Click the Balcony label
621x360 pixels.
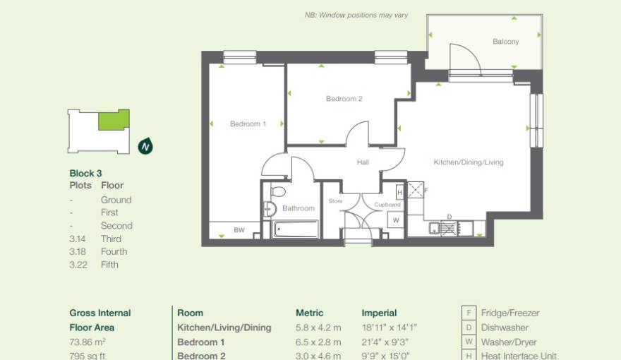pos(505,42)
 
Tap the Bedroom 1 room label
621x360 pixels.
pos(248,124)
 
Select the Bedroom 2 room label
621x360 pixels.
pos(344,99)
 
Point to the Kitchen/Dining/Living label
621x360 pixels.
pos(468,162)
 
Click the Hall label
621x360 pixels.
pos(363,162)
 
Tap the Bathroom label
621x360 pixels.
pos(299,208)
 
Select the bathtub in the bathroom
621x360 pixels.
pos(296,229)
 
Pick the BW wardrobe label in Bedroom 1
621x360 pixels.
pos(239,231)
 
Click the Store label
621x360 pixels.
pos(335,201)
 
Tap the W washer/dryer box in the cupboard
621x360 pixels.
pos(396,220)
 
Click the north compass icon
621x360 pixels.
pos(145,147)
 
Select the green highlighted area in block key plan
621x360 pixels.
pos(113,120)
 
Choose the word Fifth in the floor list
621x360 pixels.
pos(109,265)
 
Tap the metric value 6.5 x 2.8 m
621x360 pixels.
pos(318,342)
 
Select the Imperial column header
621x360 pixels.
pos(379,313)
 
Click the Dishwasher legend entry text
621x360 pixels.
pos(505,328)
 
